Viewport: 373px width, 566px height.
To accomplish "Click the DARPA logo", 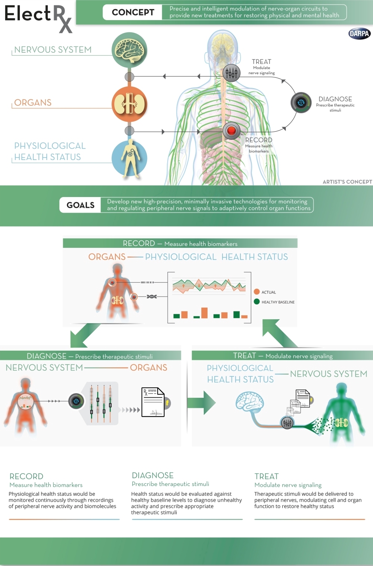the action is (360, 34).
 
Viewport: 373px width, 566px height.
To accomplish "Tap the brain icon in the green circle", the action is (129, 50).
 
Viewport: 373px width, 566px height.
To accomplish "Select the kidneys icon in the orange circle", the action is (130, 104).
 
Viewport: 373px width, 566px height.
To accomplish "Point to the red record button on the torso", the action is (231, 130).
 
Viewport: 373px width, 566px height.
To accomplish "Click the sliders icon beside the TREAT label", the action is (231, 73).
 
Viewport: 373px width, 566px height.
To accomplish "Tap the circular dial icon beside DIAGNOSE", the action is (301, 102).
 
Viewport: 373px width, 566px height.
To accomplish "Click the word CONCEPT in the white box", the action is (133, 12).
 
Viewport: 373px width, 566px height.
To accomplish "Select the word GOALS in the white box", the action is (81, 205).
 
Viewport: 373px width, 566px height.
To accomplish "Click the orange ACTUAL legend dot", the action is (257, 292).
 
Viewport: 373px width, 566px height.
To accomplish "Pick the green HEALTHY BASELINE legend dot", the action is (257, 302).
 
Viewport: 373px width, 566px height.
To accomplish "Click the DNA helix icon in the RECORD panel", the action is (152, 296).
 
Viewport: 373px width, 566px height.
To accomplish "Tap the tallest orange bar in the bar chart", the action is (204, 313).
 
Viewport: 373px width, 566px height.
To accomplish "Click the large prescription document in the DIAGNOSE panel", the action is (153, 402).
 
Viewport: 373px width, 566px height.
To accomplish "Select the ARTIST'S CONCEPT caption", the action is (347, 182).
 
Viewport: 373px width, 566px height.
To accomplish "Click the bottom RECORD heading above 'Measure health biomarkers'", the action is (26, 476).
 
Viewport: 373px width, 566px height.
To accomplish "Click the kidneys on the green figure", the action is (342, 422).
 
